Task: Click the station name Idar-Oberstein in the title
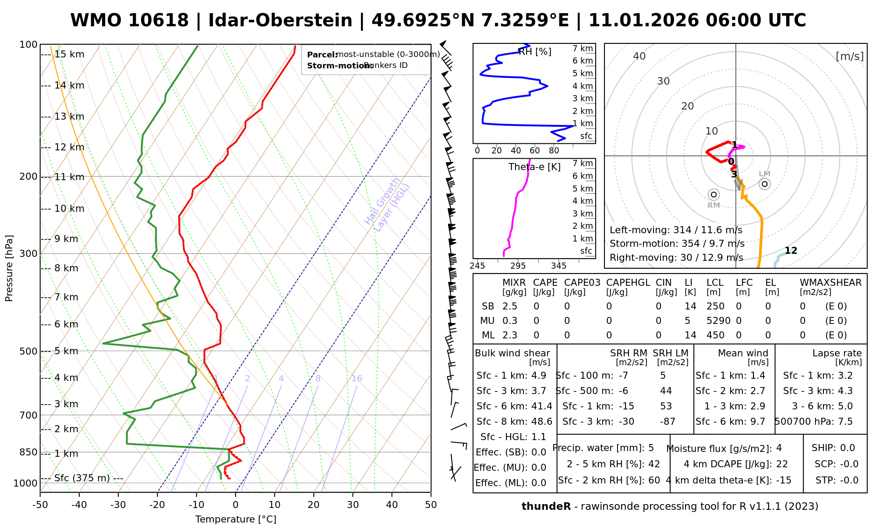(x=280, y=21)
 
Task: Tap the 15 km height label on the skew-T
(x=69, y=54)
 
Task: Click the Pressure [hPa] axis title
(x=9, y=268)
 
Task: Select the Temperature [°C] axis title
(x=236, y=519)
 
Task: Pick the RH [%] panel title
(x=535, y=52)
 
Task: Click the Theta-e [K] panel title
(x=534, y=167)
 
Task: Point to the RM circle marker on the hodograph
(x=714, y=195)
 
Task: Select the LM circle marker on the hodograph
(x=765, y=184)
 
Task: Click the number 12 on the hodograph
(x=791, y=251)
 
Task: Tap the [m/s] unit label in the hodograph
(x=849, y=57)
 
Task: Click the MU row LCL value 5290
(x=718, y=321)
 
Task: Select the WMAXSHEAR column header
(x=830, y=283)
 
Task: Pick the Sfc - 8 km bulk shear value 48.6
(x=542, y=422)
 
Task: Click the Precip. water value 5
(x=651, y=448)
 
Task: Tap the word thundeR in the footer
(x=546, y=507)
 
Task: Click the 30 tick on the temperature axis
(x=353, y=505)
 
